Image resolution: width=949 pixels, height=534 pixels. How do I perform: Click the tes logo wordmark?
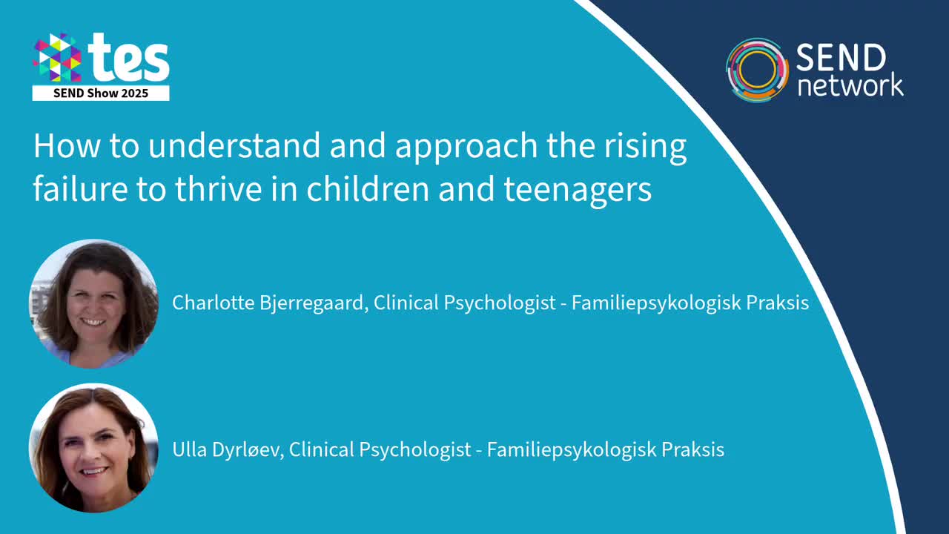coord(128,59)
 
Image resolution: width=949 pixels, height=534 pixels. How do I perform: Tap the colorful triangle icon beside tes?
coord(57,58)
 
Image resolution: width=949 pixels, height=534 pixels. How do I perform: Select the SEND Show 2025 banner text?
coord(101,93)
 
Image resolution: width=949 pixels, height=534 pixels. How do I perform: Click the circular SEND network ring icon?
coord(756,70)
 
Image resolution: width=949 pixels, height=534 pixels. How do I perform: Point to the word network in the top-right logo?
coord(850,85)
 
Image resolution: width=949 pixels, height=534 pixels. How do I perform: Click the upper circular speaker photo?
coord(93,303)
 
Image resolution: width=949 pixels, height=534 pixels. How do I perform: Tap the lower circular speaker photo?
coord(93,448)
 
